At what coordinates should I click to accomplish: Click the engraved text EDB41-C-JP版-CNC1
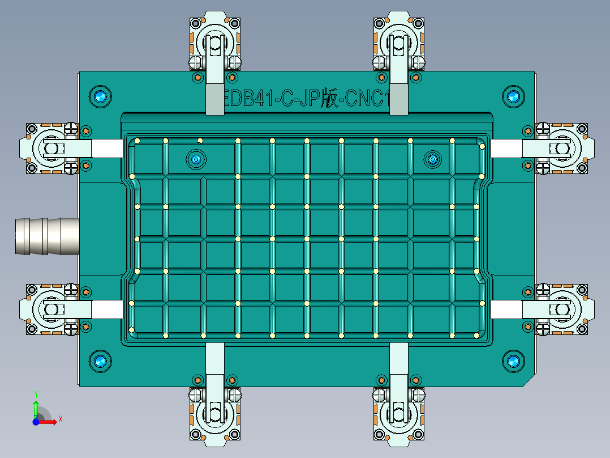(x=306, y=100)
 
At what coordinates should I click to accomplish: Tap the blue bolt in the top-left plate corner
(x=101, y=96)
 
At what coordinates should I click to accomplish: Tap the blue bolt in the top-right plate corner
(x=513, y=96)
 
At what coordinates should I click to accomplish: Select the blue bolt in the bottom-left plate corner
(x=101, y=361)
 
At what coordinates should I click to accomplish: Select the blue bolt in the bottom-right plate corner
(x=513, y=361)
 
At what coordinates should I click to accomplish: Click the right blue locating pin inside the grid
(x=432, y=160)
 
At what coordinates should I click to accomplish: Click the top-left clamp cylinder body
(x=214, y=43)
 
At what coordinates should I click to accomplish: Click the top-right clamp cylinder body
(x=399, y=43)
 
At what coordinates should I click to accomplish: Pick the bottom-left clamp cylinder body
(x=214, y=414)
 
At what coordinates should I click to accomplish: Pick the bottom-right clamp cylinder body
(x=399, y=414)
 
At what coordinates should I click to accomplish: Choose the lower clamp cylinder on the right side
(x=562, y=309)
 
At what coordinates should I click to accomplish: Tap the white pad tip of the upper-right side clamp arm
(x=505, y=149)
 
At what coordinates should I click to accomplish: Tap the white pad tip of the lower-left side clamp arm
(x=108, y=309)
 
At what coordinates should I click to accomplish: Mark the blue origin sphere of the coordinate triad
(x=36, y=422)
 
